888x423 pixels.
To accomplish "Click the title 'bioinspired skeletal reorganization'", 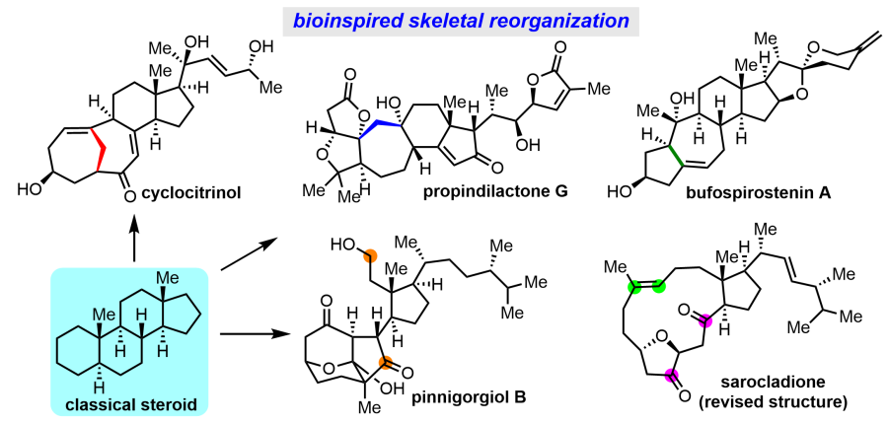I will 444,19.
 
